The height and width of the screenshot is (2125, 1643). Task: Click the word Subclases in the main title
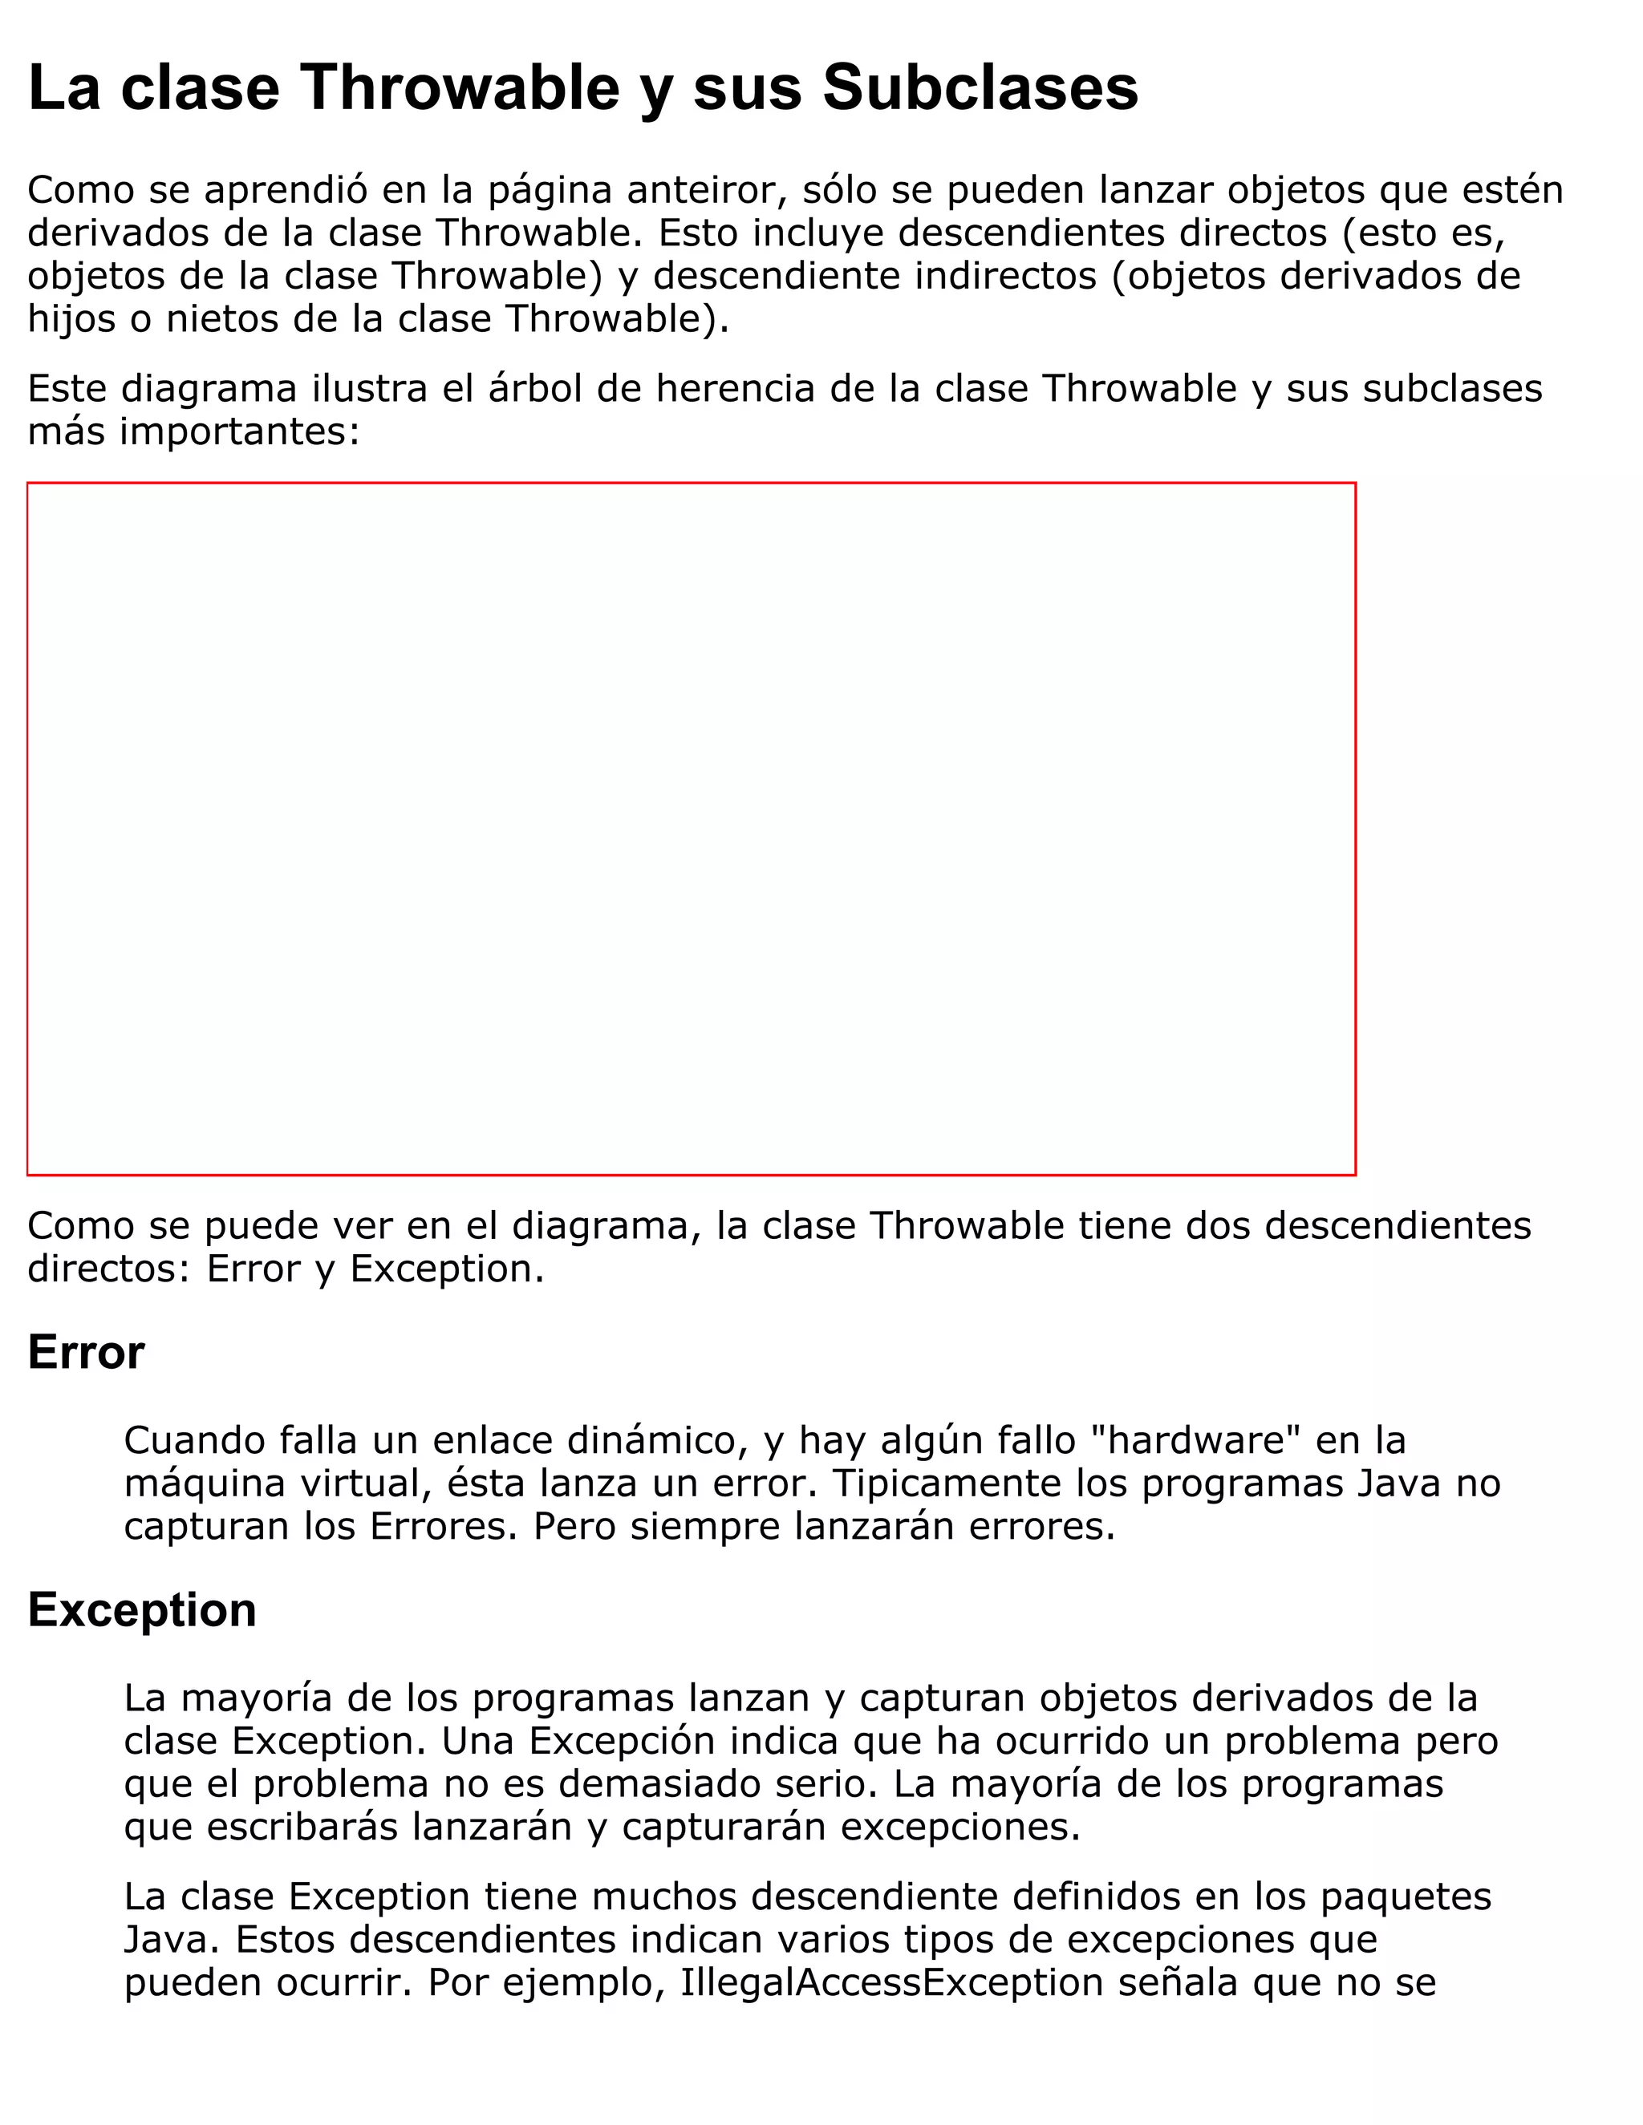click(x=980, y=87)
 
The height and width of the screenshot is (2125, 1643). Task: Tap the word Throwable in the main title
click(x=460, y=87)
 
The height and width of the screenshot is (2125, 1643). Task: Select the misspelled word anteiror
click(x=706, y=190)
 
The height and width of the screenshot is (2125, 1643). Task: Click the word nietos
click(x=222, y=318)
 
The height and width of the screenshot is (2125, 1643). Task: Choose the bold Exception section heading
click(x=142, y=1609)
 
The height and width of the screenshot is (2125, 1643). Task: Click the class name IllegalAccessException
click(x=890, y=1982)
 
